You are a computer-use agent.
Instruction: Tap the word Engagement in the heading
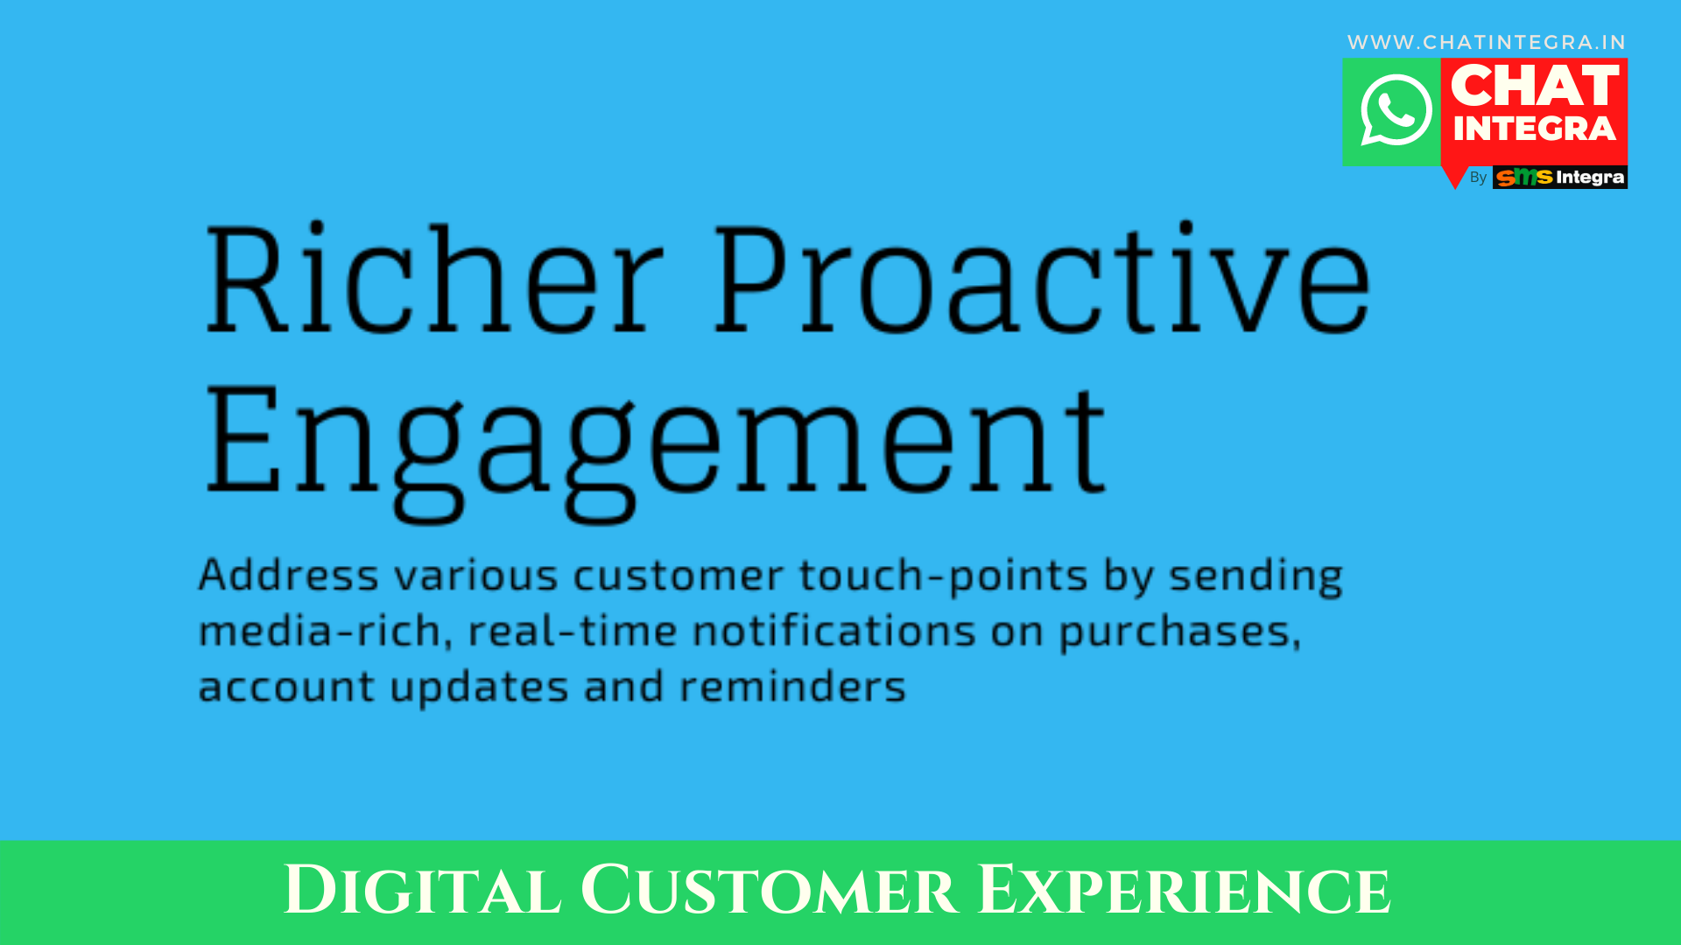click(656, 451)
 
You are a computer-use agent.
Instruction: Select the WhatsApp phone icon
click(1396, 111)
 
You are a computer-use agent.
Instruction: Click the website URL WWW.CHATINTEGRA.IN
click(1487, 42)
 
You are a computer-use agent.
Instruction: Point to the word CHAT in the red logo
click(1535, 86)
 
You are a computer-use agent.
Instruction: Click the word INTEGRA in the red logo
click(1535, 129)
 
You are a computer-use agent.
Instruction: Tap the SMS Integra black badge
click(1560, 178)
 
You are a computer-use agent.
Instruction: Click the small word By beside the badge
click(1478, 178)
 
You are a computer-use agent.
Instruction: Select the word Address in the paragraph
click(289, 575)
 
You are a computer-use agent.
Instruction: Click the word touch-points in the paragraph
click(944, 577)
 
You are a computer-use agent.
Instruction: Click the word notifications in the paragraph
click(834, 630)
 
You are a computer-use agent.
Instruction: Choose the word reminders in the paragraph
click(793, 686)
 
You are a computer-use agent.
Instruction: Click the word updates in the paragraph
click(480, 688)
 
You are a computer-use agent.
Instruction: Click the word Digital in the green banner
click(422, 891)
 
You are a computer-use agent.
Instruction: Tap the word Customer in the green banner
click(769, 891)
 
